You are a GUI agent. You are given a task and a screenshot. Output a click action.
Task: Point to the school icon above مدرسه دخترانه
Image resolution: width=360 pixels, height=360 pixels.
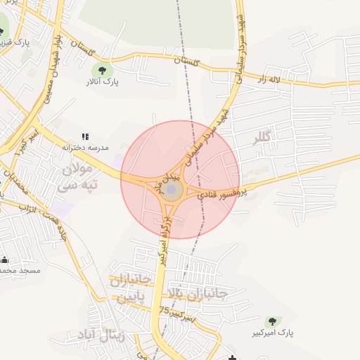[x=86, y=136]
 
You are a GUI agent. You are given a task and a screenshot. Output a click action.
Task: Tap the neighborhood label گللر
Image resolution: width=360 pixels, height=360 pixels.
[x=262, y=138]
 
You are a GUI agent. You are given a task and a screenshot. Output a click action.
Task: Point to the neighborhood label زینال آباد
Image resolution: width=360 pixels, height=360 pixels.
[x=122, y=335]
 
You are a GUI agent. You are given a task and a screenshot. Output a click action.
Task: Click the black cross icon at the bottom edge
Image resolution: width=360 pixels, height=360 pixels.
[x=233, y=357]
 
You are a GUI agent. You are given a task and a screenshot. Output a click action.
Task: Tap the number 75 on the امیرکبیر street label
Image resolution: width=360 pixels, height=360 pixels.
[x=165, y=309]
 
